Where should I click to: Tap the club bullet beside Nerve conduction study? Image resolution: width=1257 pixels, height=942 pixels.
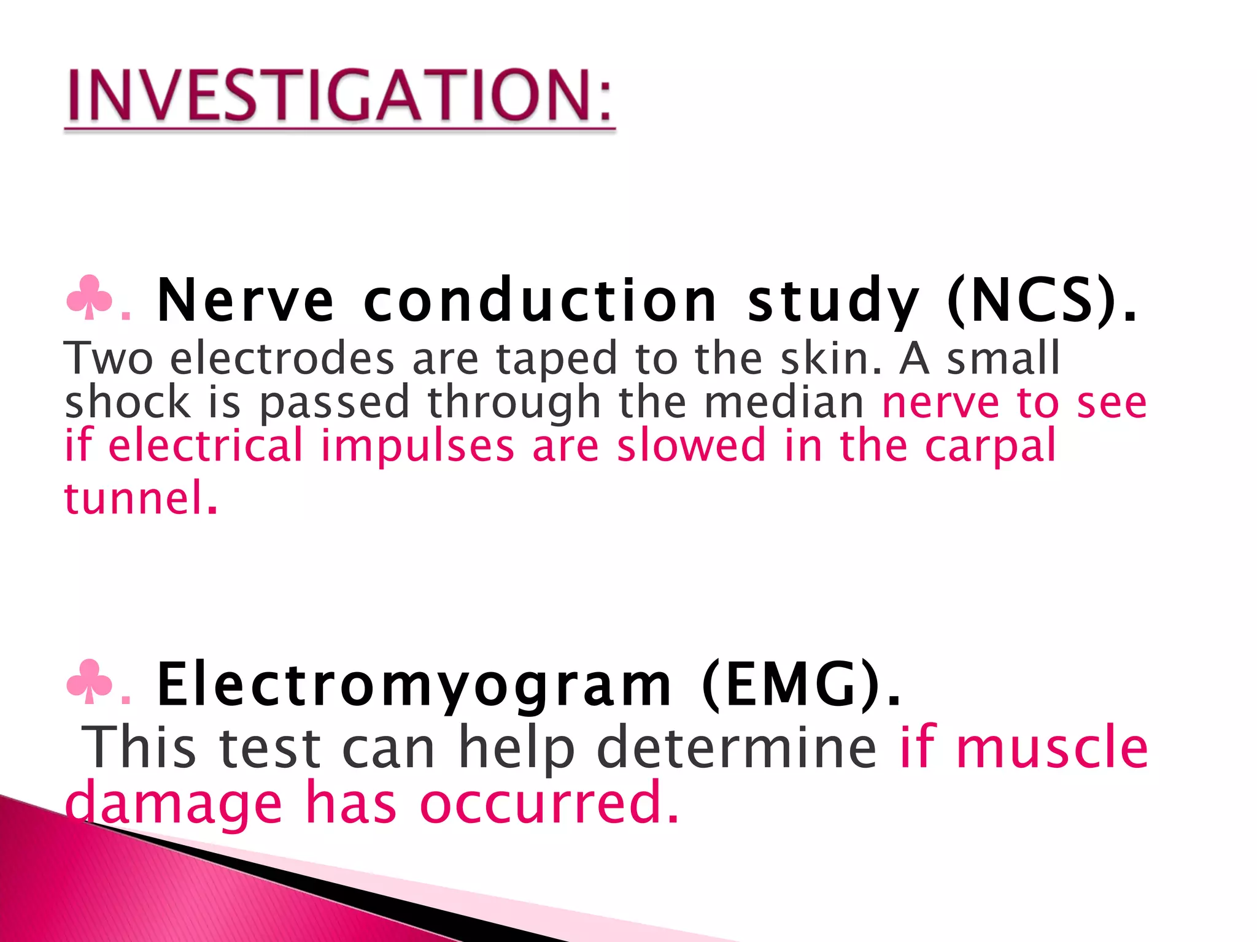point(90,298)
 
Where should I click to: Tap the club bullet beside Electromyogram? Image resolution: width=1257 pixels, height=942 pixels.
point(90,683)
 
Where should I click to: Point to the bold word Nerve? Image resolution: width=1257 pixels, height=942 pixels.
point(246,301)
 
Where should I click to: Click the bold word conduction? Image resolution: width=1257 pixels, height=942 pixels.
point(540,301)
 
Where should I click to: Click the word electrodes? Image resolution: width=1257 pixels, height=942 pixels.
point(282,359)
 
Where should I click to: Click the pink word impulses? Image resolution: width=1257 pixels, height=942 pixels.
point(417,446)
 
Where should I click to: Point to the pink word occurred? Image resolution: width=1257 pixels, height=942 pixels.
point(549,803)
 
